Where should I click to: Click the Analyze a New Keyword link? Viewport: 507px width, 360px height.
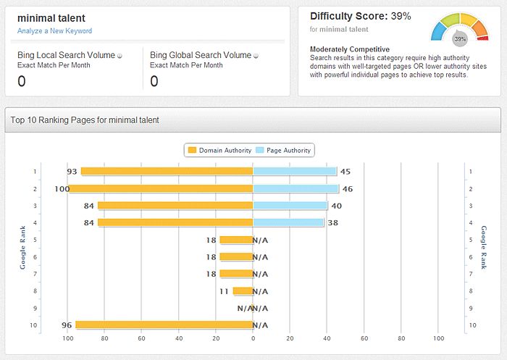click(x=55, y=31)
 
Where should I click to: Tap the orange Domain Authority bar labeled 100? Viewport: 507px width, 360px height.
click(x=161, y=189)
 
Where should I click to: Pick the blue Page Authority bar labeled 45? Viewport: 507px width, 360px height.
click(x=295, y=172)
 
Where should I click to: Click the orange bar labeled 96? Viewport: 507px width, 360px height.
click(x=164, y=325)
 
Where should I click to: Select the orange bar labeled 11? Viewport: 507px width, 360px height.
click(x=243, y=291)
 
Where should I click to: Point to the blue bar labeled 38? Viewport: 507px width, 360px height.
click(x=288, y=223)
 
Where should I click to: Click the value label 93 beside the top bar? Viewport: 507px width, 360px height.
click(x=72, y=172)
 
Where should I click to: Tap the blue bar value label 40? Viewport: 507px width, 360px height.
click(x=336, y=206)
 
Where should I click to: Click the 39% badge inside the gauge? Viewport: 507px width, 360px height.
click(x=459, y=39)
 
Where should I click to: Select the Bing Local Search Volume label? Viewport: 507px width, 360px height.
click(x=66, y=55)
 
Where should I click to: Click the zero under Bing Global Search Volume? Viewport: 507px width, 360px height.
click(x=154, y=81)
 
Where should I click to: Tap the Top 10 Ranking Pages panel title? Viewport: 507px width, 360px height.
click(x=85, y=120)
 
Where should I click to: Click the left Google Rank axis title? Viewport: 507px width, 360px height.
click(x=23, y=248)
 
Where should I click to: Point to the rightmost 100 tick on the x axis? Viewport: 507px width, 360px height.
click(x=438, y=338)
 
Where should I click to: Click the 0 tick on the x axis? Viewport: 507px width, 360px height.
click(x=253, y=338)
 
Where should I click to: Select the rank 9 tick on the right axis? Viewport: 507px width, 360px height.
click(x=472, y=308)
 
